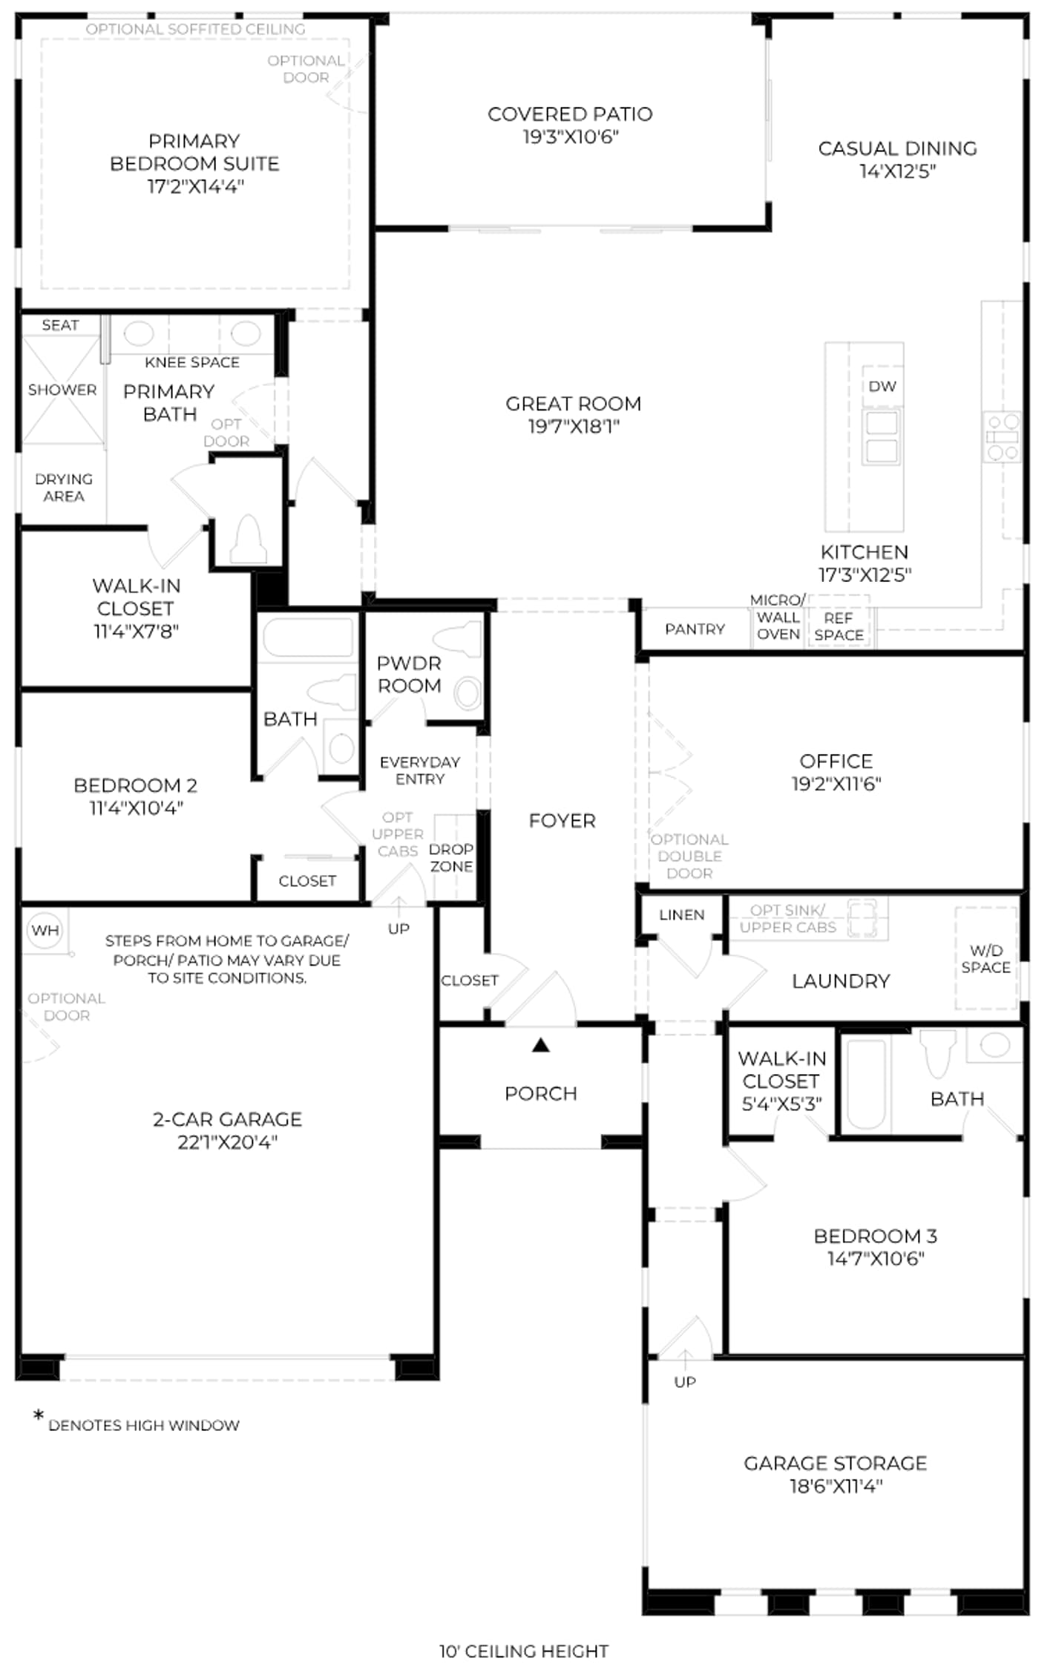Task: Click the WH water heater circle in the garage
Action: point(45,929)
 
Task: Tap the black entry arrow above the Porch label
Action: point(541,1045)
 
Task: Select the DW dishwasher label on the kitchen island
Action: point(882,386)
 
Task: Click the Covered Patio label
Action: point(570,114)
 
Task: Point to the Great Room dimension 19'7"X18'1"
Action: point(574,426)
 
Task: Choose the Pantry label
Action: point(695,629)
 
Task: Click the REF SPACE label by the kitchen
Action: point(839,626)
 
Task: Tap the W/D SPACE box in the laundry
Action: point(986,959)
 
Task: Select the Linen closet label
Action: point(681,915)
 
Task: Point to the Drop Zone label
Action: point(451,858)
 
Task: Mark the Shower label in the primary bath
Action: point(62,390)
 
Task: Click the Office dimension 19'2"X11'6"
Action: point(836,784)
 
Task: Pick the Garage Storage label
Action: point(836,1463)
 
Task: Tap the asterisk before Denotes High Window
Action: point(39,1415)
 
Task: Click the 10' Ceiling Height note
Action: point(524,1651)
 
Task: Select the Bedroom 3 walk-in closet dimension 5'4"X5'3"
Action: point(781,1104)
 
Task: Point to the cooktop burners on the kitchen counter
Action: point(1002,437)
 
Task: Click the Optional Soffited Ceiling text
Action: point(195,29)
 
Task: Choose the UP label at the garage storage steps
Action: point(685,1382)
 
